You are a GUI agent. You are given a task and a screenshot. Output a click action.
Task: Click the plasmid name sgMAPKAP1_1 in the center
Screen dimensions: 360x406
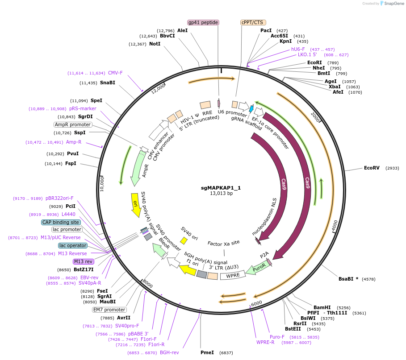coord(221,188)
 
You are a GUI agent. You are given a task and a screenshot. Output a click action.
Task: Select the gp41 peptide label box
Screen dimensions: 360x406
coord(203,22)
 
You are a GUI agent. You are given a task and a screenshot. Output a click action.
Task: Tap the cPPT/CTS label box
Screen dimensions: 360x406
coord(252,22)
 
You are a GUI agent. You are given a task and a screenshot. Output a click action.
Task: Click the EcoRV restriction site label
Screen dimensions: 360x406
coord(372,168)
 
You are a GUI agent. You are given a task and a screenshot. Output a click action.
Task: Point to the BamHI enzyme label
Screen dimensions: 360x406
coord(322,308)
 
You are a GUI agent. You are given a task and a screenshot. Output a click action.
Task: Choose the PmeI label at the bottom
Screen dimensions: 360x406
coord(207,352)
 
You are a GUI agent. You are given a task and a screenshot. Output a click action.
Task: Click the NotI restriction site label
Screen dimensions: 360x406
coord(155,44)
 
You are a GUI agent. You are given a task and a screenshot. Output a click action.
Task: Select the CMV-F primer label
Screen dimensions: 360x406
coord(115,73)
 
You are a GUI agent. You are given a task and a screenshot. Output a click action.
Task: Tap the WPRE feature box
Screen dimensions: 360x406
coord(233,276)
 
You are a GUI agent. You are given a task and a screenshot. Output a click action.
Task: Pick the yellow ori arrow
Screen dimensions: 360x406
coord(135,204)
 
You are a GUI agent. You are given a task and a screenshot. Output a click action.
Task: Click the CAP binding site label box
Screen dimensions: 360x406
coord(61,222)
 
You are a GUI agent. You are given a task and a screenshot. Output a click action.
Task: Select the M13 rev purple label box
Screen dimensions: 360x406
coord(84,261)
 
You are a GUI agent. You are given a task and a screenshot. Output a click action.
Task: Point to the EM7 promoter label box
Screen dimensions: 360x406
coord(109,310)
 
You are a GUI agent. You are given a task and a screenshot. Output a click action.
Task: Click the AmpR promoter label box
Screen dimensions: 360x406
coord(72,124)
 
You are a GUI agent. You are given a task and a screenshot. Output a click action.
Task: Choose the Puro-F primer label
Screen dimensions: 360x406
coord(277,337)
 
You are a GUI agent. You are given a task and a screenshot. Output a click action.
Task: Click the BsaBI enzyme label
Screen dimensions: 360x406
coord(346,279)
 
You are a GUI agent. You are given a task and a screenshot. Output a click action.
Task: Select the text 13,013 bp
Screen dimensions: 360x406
coord(221,194)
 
